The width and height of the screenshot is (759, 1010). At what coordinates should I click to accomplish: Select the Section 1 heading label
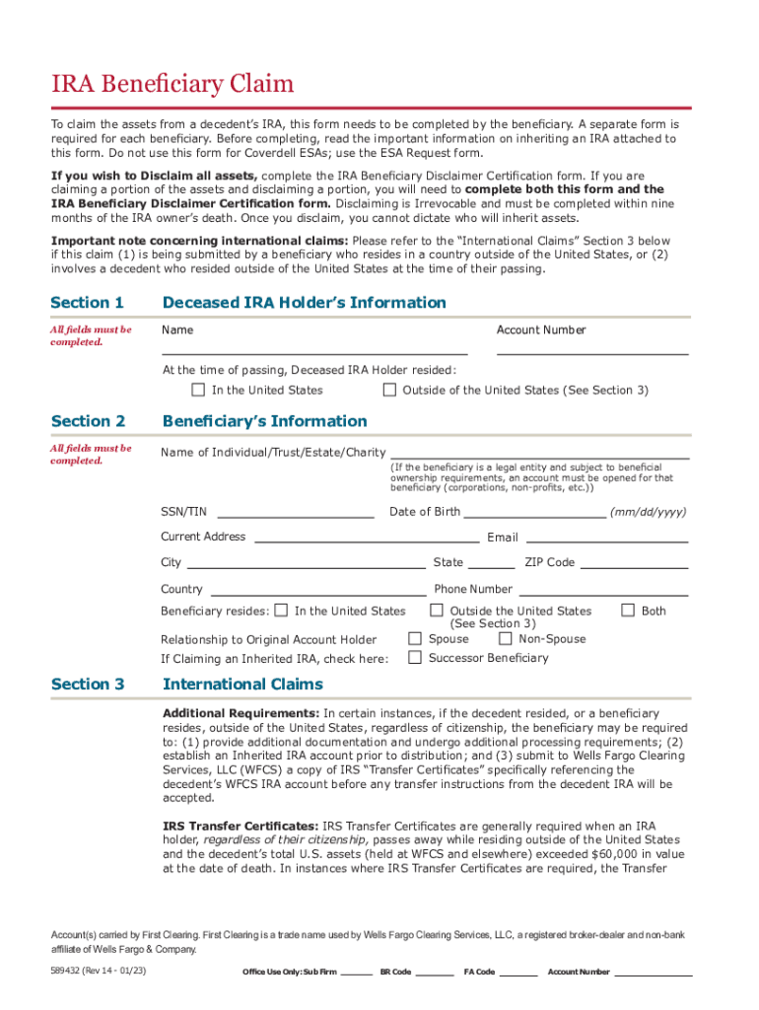point(87,303)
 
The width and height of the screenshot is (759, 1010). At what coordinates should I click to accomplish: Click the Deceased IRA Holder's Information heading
point(304,303)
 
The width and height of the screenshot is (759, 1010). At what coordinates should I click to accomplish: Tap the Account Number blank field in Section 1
point(591,346)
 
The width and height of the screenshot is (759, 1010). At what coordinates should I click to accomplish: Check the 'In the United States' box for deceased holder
point(198,390)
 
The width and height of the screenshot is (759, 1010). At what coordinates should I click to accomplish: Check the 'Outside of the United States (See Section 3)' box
point(389,390)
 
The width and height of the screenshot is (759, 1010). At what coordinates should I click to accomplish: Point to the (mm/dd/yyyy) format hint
point(648,512)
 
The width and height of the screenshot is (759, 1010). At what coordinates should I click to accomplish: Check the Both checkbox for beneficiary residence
point(627,611)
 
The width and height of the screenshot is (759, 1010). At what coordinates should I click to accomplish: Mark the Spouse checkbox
point(415,638)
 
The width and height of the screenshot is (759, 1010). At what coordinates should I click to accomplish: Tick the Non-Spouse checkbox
point(506,638)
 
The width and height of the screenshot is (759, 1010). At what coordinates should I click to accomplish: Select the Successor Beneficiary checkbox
point(415,657)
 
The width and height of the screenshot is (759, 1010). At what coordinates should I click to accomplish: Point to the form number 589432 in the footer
point(70,972)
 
